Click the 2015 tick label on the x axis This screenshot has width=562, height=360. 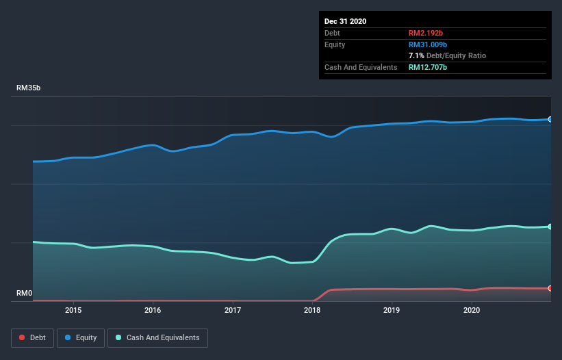coord(73,310)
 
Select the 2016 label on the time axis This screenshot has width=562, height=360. coord(153,310)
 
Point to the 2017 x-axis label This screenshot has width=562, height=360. coord(233,310)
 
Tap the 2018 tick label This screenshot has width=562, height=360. coord(312,310)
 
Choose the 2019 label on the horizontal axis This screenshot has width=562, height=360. coord(392,310)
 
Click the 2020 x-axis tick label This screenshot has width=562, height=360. coord(472,310)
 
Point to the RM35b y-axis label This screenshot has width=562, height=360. coord(28,88)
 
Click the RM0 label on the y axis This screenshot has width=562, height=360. coord(25,293)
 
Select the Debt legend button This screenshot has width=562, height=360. coord(33,338)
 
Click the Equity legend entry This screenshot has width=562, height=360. coord(81,338)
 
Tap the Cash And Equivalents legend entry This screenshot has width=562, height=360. coord(157,338)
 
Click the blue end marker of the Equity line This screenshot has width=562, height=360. coord(550,119)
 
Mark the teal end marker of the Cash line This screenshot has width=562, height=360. coord(550,227)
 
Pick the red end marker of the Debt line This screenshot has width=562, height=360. coord(550,288)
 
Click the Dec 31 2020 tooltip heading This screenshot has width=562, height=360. coord(345,21)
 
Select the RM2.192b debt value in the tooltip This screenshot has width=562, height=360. coord(426,33)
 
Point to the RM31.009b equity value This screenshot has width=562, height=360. coord(428,44)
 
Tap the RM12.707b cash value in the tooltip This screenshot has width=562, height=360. coord(428,67)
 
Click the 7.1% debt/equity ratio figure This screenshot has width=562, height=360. coord(416,55)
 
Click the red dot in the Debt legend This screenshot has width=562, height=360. coord(22,337)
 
